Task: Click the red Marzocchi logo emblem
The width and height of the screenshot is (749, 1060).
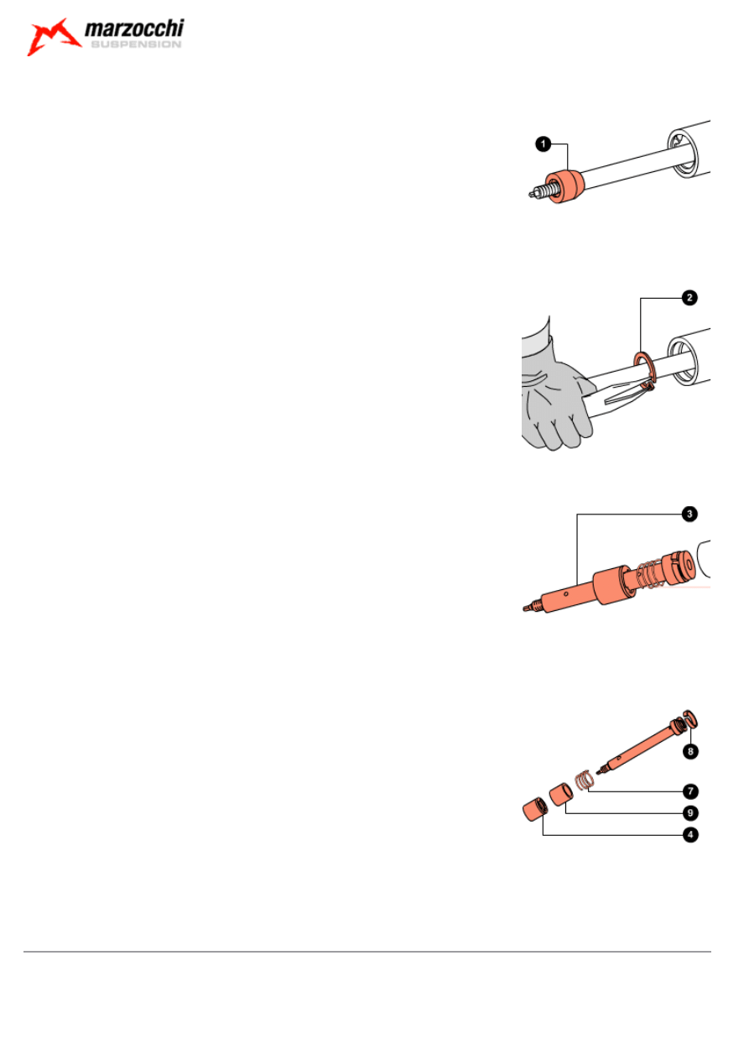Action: point(54,37)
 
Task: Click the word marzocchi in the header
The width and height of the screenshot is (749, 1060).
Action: point(134,29)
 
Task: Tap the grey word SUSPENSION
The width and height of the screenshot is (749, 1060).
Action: point(136,44)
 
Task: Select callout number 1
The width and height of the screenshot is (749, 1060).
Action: point(544,144)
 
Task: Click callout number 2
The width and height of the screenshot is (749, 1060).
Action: point(689,298)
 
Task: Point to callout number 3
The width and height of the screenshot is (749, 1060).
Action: point(689,514)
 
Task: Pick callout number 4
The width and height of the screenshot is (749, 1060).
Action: point(690,835)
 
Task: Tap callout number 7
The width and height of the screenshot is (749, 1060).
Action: point(690,791)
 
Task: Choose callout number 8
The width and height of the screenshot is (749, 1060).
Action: point(690,751)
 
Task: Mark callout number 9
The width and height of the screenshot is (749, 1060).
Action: point(690,813)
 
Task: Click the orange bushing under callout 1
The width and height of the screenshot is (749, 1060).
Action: point(564,186)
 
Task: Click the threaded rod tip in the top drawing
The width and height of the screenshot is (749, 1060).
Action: point(539,192)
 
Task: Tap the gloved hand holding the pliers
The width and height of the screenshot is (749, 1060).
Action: point(555,398)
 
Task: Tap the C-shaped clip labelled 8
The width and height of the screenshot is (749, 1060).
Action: point(691,719)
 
